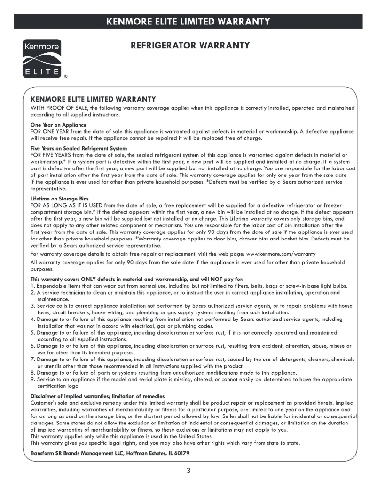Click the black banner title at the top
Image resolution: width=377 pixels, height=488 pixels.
[188, 21]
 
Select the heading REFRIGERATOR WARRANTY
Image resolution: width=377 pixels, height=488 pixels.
[189, 46]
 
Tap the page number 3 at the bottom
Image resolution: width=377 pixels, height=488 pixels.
[188, 471]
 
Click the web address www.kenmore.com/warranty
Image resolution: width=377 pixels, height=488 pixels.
[281, 254]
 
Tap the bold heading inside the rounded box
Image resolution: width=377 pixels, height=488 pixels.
[93, 100]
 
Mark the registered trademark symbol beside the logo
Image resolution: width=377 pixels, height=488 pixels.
[66, 76]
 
